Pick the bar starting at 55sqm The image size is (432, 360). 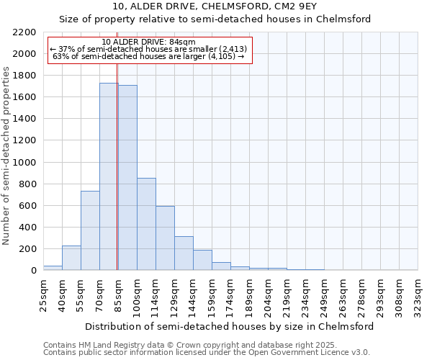(90, 230)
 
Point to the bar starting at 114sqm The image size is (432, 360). (165, 238)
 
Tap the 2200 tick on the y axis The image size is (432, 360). (23, 32)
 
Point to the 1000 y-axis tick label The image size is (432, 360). (23, 163)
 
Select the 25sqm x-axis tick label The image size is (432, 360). (43, 291)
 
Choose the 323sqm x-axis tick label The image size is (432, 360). (418, 291)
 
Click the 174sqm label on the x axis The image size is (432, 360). (230, 291)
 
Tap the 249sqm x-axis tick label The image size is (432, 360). (324, 291)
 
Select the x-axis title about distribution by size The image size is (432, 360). (230, 326)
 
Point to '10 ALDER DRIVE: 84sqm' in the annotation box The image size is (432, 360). (149, 42)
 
